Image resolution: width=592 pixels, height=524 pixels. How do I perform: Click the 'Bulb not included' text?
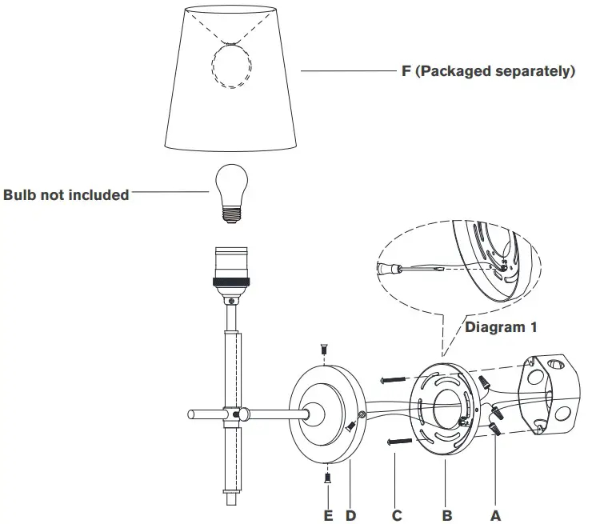coord(66,194)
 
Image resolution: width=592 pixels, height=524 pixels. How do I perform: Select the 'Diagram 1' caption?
coord(500,327)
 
